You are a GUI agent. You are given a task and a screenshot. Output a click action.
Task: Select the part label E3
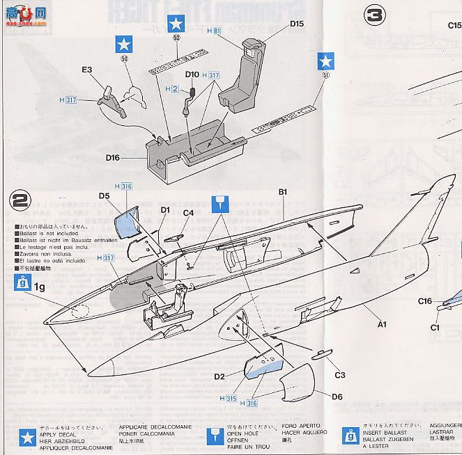pos(87,70)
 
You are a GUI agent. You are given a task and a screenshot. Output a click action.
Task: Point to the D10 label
pos(192,74)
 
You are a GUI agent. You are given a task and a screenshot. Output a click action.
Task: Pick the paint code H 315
pos(226,399)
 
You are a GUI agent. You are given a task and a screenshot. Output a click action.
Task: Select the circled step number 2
pos(20,200)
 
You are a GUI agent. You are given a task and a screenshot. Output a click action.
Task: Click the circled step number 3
pos(375,16)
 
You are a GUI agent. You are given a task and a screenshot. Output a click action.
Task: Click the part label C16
pos(426,301)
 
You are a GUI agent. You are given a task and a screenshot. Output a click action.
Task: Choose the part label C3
pos(339,375)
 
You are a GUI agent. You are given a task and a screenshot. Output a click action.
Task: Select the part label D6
pos(337,397)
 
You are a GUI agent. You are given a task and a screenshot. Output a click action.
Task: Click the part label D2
pos(219,376)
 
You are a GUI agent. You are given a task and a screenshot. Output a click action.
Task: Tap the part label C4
pos(188,213)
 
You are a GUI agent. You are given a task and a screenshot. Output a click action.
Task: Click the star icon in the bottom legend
pos(27,438)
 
